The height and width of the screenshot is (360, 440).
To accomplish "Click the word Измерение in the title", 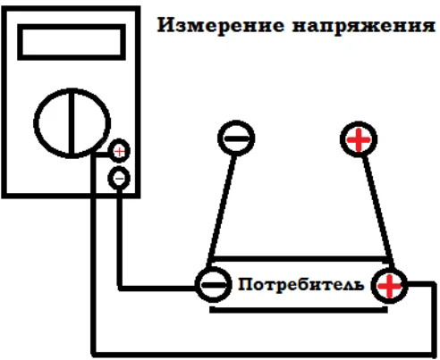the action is point(221,25).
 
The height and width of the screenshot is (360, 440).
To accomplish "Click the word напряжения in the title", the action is point(364,26).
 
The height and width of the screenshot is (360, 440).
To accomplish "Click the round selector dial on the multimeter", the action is point(35,123).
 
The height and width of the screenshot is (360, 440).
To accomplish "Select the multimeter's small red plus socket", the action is point(119,152).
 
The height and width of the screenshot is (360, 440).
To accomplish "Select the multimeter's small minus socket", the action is point(119,179).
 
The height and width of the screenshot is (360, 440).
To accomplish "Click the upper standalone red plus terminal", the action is point(359,139).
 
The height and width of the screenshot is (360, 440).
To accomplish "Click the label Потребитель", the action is point(301,285).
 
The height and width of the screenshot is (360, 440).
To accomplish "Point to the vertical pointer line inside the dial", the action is point(72,123).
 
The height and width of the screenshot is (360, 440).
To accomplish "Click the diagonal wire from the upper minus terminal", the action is point(222,210).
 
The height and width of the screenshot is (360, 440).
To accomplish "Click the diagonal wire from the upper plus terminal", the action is point(378,211).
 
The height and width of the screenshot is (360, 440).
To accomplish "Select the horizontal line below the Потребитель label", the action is point(299,310).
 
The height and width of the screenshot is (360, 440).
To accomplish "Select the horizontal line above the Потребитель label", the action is point(300,259).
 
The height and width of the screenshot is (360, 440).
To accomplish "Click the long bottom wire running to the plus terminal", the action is point(262,354).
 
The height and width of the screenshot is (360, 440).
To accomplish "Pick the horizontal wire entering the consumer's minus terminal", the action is point(157,288).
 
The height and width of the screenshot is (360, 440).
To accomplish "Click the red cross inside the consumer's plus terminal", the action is point(389,286).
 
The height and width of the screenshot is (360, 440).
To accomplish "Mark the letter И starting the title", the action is point(165,25).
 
